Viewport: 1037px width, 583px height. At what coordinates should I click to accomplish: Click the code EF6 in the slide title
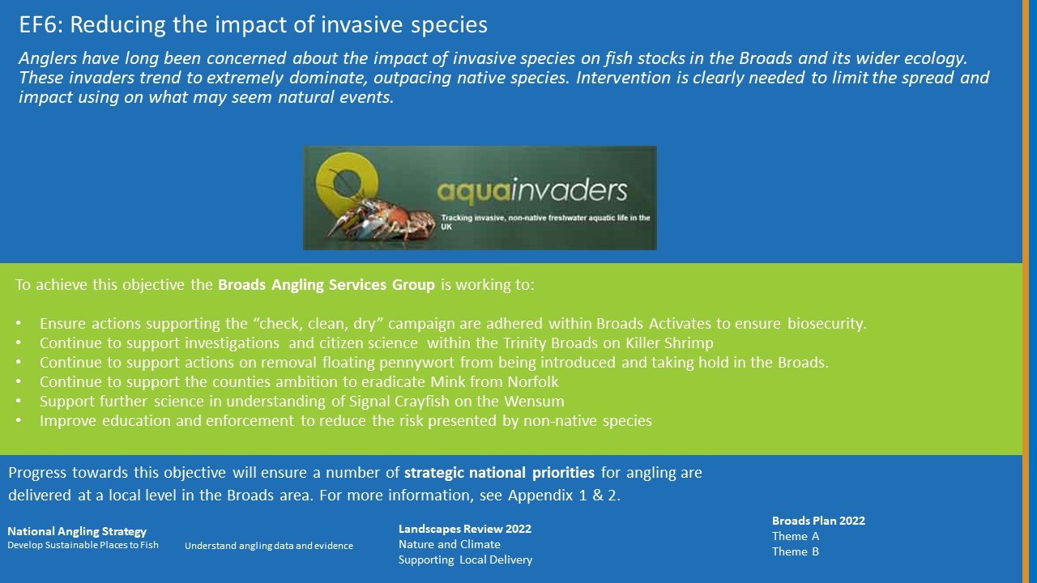(x=41, y=24)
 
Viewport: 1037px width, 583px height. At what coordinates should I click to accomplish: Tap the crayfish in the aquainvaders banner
(x=380, y=219)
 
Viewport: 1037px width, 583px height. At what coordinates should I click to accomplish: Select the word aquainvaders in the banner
(x=532, y=192)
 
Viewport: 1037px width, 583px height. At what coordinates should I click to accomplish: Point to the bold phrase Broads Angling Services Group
(x=326, y=284)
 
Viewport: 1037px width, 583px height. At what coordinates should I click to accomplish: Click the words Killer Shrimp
(x=669, y=343)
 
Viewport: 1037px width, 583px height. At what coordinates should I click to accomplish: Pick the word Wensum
(x=534, y=401)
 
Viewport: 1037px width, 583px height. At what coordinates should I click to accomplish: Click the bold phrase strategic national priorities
(x=499, y=472)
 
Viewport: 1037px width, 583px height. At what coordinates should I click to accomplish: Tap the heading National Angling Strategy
(x=77, y=531)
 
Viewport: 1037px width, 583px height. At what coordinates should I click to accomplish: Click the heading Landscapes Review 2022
(x=465, y=529)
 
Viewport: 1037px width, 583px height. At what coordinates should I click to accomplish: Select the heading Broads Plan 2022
(x=818, y=521)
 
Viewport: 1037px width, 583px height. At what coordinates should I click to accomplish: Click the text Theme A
(x=796, y=536)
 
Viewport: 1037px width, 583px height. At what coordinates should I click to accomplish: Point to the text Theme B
(x=796, y=551)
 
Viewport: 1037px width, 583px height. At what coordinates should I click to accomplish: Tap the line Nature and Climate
(x=450, y=544)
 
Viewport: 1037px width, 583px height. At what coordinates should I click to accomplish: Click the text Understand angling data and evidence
(x=269, y=546)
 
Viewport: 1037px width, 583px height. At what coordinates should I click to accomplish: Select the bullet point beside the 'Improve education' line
(x=19, y=419)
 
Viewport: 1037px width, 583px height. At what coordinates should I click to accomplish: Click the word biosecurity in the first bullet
(x=827, y=324)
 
